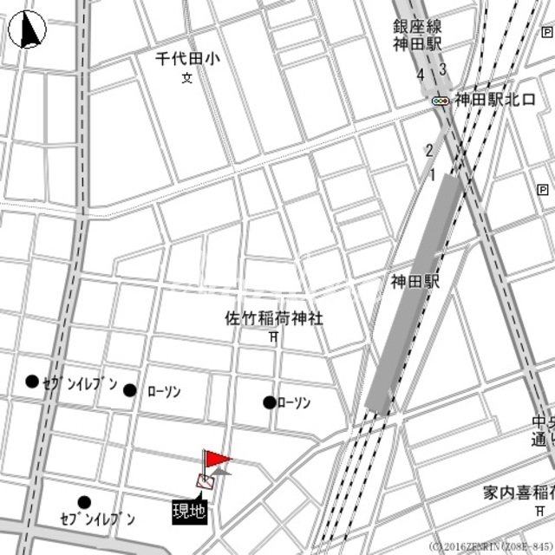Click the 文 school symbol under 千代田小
coord(186,79)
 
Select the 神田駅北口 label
coord(495,99)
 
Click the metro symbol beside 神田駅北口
coord(441,101)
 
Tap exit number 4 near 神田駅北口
coord(421,75)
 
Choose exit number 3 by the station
coord(442,70)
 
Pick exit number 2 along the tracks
coord(428,151)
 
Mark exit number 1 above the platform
coord(432,176)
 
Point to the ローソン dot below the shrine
coord(270,402)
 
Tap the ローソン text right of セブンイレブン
coord(163,392)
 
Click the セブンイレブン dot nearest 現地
coord(84,502)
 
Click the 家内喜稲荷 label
coord(519,493)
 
